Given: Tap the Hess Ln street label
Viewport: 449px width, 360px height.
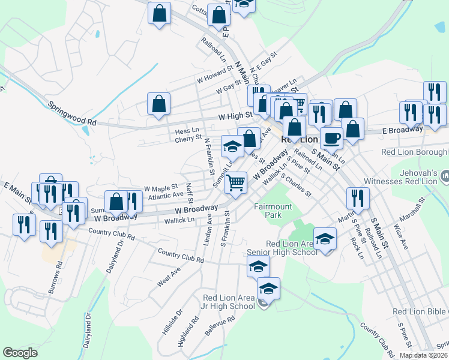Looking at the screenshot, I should pyautogui.click(x=186, y=130).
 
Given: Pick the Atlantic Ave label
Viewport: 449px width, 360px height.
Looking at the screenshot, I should pyautogui.click(x=166, y=195).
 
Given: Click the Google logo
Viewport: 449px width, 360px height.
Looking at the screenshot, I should pyautogui.click(x=20, y=353).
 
